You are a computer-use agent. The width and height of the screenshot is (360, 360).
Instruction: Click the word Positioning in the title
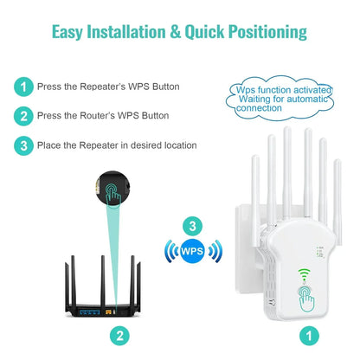tap(260, 33)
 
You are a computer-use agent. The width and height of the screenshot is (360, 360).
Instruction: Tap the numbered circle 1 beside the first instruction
tap(23, 87)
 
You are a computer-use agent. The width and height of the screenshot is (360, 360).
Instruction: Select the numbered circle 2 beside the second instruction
tap(23, 115)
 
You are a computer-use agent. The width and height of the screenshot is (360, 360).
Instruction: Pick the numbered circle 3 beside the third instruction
tap(23, 145)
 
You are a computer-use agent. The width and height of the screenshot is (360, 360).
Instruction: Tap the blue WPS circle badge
tap(193, 252)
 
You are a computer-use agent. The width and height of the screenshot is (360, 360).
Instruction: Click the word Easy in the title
tap(70, 33)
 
